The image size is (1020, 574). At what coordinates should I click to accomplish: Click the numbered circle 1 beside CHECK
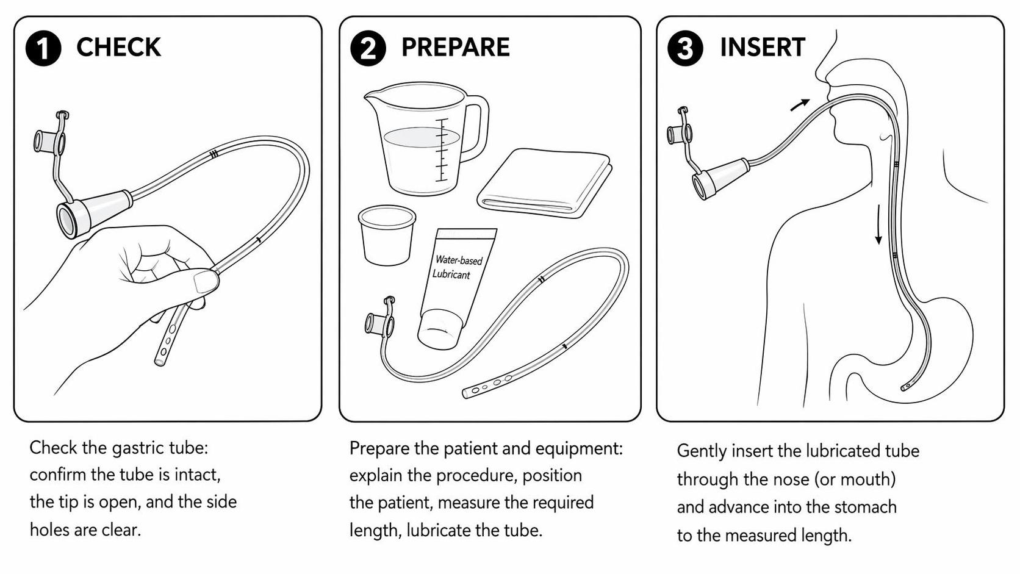(x=43, y=48)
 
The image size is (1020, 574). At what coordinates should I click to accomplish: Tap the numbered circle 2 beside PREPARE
(x=368, y=48)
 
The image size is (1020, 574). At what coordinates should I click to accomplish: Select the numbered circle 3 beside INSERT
(x=685, y=48)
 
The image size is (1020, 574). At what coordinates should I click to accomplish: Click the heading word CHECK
(x=118, y=48)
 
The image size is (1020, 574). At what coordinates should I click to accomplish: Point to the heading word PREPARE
(x=455, y=48)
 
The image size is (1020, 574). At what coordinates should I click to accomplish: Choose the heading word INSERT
(x=763, y=48)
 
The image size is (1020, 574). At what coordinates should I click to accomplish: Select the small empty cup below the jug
(x=387, y=235)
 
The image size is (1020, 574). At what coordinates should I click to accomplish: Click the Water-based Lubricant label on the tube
(x=457, y=267)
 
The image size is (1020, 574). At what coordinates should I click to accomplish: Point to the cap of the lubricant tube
(x=440, y=329)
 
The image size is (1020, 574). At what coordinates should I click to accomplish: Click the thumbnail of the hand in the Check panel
(x=206, y=281)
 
